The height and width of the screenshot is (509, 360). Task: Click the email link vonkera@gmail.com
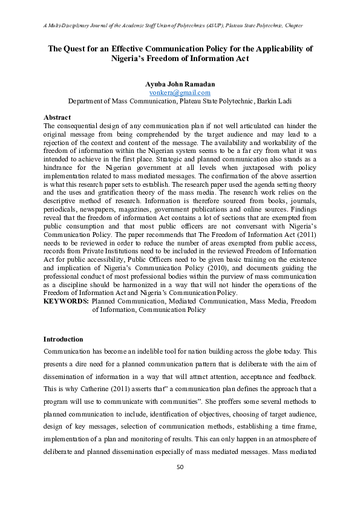click(x=180, y=92)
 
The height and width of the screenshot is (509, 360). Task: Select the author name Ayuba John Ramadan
click(x=180, y=84)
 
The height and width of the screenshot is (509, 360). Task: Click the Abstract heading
click(x=57, y=117)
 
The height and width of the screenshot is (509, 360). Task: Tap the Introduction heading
click(x=64, y=339)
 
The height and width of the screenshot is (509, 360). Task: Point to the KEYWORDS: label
click(x=67, y=300)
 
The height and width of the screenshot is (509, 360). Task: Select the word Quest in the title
click(x=83, y=48)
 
